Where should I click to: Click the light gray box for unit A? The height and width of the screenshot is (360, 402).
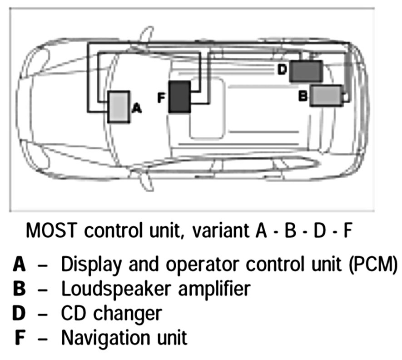point(119,106)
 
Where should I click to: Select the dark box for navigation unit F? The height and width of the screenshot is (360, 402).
point(179,96)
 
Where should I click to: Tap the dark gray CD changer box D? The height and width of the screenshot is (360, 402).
point(306,71)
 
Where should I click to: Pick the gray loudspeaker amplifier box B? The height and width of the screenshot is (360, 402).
point(326,95)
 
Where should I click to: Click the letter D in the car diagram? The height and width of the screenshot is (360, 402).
point(282,70)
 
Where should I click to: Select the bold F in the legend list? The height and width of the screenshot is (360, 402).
point(20,338)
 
